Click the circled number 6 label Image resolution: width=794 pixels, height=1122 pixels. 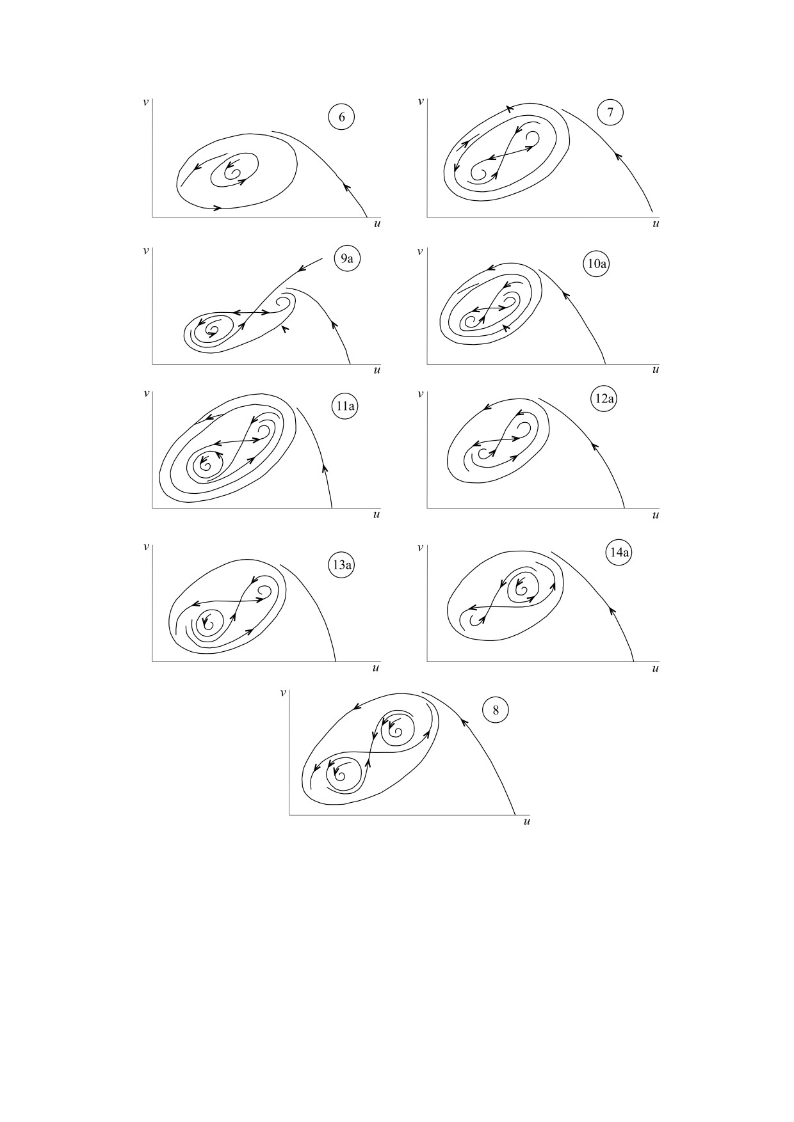coord(341,117)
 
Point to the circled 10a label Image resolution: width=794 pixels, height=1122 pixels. coord(595,264)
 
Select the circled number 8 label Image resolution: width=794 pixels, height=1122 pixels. coord(496,710)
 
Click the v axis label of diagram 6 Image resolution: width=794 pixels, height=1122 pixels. coord(146,101)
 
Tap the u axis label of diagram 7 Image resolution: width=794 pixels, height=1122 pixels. coord(655,224)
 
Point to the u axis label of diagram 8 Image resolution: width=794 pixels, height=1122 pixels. coord(526,821)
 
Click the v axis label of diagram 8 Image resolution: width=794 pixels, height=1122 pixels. coord(283,693)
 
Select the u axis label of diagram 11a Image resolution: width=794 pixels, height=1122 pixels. coord(377,514)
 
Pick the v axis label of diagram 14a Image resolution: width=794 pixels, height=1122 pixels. coord(420,548)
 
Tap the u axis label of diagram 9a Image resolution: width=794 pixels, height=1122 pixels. coord(377,370)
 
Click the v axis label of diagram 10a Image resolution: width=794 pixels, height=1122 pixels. coord(420,251)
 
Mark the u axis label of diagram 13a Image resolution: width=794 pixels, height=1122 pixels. coord(377,668)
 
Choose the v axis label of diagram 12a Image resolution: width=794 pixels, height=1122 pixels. coord(420,394)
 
